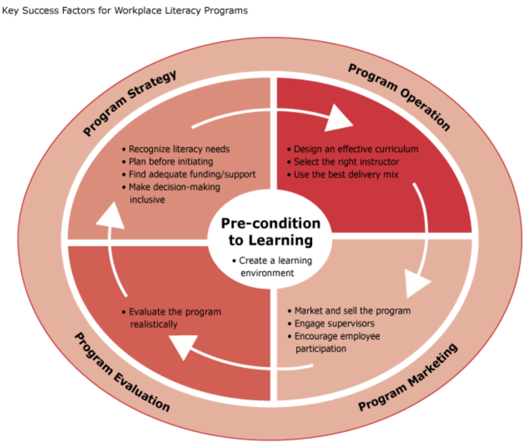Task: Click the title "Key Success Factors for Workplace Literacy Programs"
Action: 125,10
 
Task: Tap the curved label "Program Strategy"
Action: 130,102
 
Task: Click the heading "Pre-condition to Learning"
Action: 270,231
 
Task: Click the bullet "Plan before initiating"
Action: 171,162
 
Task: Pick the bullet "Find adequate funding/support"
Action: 192,175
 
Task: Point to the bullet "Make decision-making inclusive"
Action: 174,193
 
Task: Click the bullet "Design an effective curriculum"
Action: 356,149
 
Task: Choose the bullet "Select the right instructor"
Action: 346,162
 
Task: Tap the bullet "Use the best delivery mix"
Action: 346,175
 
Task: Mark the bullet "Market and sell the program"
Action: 352,311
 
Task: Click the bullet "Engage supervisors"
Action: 334,324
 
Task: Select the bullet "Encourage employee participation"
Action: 337,342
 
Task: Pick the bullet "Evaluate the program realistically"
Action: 174,318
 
